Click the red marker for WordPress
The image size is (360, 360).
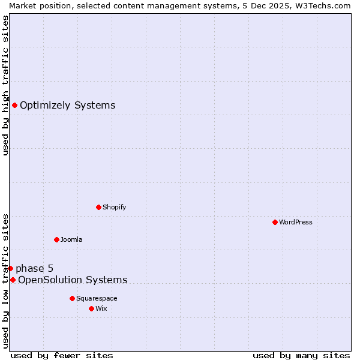click(275, 222)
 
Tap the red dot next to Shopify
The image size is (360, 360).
click(98, 207)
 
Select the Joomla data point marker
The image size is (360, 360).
click(56, 239)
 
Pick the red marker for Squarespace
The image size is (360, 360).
click(72, 298)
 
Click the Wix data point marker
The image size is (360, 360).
click(91, 308)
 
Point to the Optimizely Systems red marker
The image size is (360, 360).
click(14, 106)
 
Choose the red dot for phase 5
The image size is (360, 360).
click(10, 268)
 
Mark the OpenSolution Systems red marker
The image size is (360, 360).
click(13, 280)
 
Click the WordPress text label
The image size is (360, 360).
click(296, 222)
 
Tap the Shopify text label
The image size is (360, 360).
click(115, 207)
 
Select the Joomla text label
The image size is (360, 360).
click(71, 239)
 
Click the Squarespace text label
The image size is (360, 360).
click(97, 298)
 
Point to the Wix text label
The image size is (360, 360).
click(101, 308)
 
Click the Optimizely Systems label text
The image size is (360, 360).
click(67, 106)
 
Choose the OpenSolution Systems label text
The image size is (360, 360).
click(73, 280)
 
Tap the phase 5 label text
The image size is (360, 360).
click(34, 268)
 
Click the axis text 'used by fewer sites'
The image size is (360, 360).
click(62, 355)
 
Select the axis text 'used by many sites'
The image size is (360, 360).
click(301, 355)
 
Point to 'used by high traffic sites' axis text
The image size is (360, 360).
click(5, 85)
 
